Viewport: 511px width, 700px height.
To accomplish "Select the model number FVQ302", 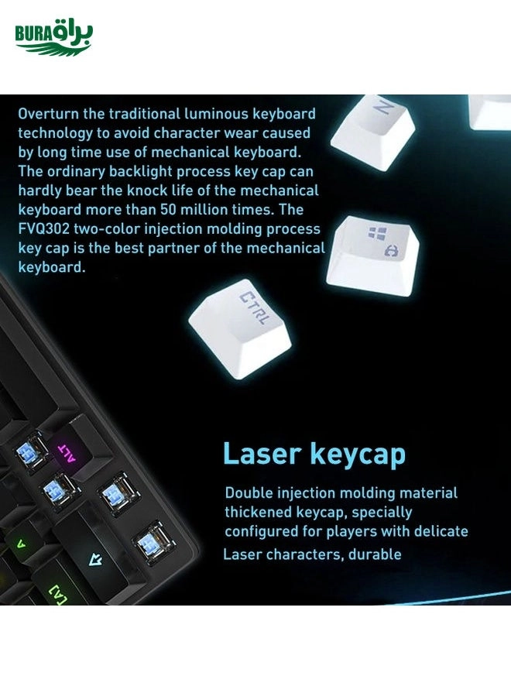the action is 43,229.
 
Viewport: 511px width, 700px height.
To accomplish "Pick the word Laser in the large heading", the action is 262,454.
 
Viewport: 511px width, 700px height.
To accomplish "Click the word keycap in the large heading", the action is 358,455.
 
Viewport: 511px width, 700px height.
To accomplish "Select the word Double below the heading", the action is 249,492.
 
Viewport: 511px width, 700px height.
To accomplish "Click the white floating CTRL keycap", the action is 240,328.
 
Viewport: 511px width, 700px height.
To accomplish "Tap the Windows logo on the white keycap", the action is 378,233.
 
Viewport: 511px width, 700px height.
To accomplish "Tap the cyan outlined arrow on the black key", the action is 95,559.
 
